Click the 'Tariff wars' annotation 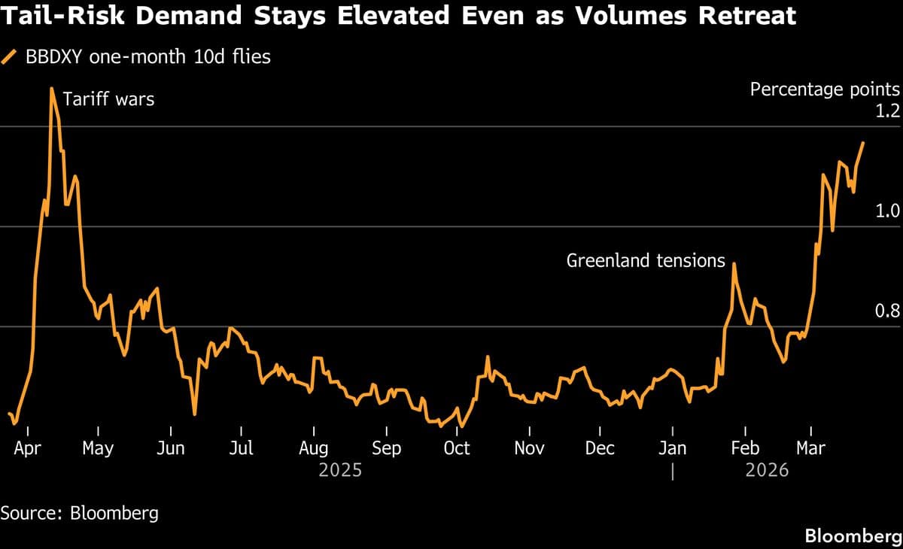(x=108, y=99)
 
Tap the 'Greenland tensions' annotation (x=646, y=261)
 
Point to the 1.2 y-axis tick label (x=888, y=111)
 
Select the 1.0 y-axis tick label (x=888, y=211)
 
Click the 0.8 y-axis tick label (x=888, y=311)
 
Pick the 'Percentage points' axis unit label (x=825, y=89)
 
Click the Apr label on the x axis (x=28, y=448)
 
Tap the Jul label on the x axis (x=241, y=448)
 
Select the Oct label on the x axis (x=456, y=448)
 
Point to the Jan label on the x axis (x=672, y=448)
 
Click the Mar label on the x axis (x=810, y=448)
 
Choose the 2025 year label (x=340, y=471)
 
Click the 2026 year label (x=767, y=471)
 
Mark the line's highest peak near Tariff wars (x=51, y=89)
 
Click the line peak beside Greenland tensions (x=734, y=263)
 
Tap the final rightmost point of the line (x=863, y=142)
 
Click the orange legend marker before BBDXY (x=10, y=56)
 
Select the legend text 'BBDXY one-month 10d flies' (x=147, y=56)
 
